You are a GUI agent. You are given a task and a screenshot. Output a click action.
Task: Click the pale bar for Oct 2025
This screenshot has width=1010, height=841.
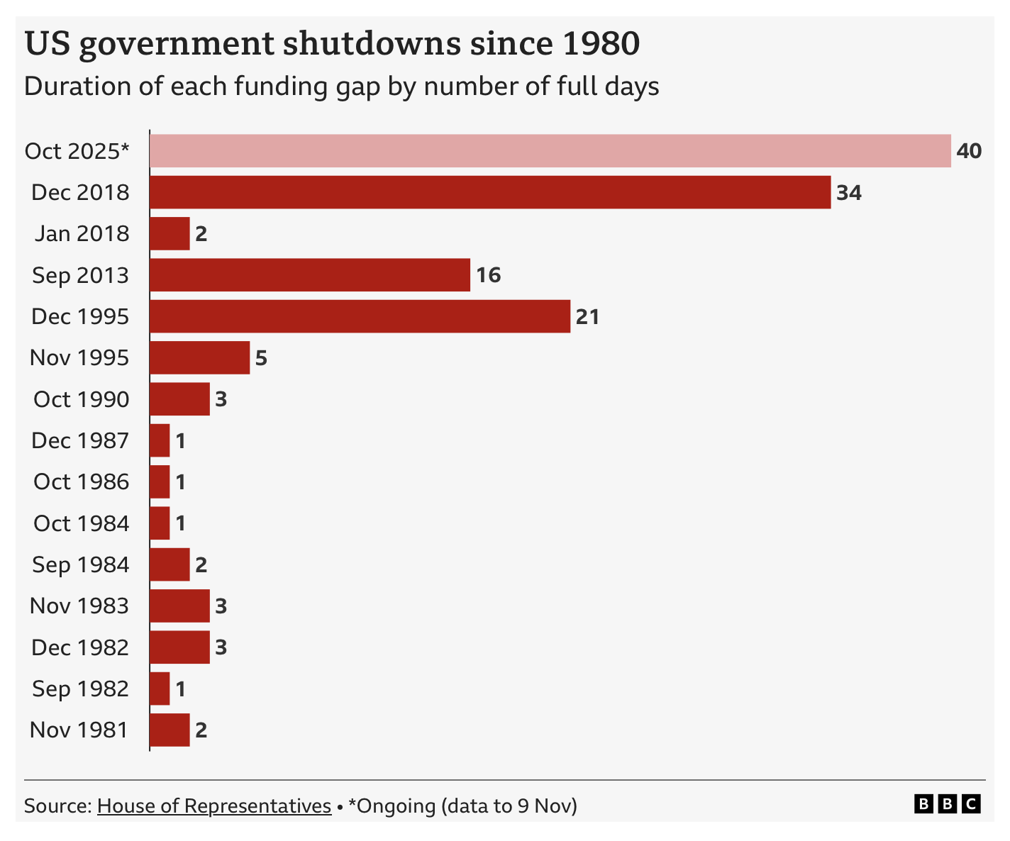pyautogui.click(x=550, y=151)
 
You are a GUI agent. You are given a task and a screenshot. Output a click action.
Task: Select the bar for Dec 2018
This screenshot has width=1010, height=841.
pyautogui.click(x=489, y=192)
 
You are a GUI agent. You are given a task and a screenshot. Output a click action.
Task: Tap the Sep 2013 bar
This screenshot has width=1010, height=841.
pyautogui.click(x=309, y=275)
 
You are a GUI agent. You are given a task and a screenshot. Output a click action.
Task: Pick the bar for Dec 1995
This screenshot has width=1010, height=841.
pyautogui.click(x=360, y=316)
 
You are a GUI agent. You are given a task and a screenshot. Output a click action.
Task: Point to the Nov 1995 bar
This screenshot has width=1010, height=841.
pyautogui.click(x=199, y=357)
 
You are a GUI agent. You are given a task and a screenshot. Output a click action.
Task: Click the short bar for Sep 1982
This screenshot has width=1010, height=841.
pyautogui.click(x=160, y=689)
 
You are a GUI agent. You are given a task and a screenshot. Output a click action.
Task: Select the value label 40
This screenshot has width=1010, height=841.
pyautogui.click(x=969, y=151)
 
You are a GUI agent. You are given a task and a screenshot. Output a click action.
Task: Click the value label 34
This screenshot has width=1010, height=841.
pyautogui.click(x=849, y=193)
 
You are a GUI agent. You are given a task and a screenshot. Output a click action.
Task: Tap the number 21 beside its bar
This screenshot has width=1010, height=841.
pyautogui.click(x=588, y=317)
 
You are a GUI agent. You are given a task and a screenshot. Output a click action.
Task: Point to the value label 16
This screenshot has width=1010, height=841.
pyautogui.click(x=489, y=275)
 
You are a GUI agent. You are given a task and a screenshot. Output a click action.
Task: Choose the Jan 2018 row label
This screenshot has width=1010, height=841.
pyautogui.click(x=82, y=234)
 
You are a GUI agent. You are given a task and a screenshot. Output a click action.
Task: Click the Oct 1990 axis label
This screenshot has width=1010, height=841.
pyautogui.click(x=82, y=399)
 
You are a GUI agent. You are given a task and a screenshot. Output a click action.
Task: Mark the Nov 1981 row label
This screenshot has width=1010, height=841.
pyautogui.click(x=79, y=730)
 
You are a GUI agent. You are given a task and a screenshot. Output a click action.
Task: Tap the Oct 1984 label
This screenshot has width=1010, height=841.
pyautogui.click(x=82, y=523)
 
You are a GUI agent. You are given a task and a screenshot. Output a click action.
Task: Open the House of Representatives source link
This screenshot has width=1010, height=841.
pyautogui.click(x=214, y=806)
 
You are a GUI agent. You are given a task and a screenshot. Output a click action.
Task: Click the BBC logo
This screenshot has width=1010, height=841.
pyautogui.click(x=948, y=804)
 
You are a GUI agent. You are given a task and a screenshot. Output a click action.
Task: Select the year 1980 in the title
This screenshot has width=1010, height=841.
pyautogui.click(x=601, y=44)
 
